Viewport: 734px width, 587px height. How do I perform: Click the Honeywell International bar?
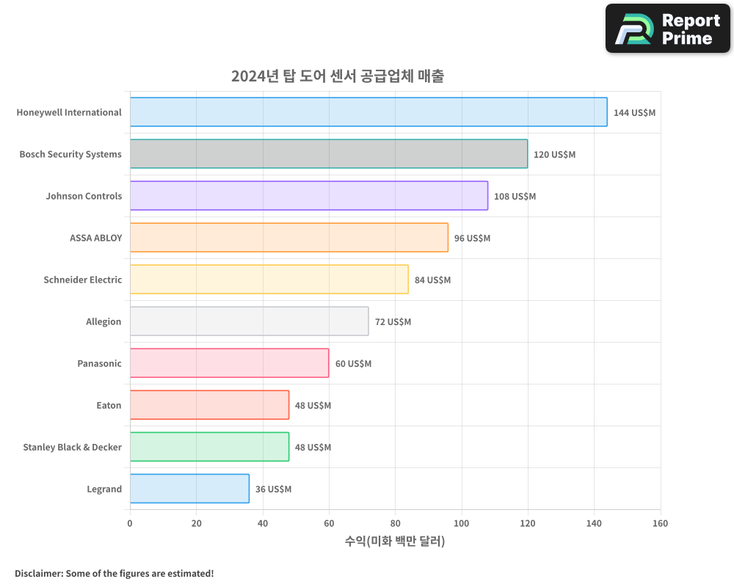coord(368,112)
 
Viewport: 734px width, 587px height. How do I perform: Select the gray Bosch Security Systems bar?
coord(329,154)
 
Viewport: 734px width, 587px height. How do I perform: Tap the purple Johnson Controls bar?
coord(309,196)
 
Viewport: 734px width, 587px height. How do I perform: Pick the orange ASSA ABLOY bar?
coord(289,238)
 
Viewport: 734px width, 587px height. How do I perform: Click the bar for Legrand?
coord(189,489)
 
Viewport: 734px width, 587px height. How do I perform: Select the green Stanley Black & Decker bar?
coord(209,447)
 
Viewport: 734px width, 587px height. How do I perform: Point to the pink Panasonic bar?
coord(229,363)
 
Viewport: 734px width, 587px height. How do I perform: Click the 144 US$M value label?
coord(634,113)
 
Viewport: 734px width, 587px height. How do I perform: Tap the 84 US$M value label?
coord(432,280)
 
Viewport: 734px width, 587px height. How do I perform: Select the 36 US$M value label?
coord(273,489)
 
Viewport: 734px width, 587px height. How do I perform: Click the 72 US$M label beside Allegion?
coord(393,322)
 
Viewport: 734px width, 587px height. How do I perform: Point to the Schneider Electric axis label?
coord(82,280)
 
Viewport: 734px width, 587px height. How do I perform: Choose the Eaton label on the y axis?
coord(109,405)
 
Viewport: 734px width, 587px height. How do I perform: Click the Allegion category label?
coord(103,321)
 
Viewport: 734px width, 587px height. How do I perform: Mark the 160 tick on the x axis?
coord(660,523)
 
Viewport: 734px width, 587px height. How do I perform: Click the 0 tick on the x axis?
coord(130,523)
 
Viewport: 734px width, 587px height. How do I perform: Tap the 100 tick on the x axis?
coord(461,523)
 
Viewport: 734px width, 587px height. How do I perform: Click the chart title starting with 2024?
coord(337,76)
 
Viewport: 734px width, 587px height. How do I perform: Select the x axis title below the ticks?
coord(395,542)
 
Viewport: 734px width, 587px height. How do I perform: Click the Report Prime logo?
coord(667,29)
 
